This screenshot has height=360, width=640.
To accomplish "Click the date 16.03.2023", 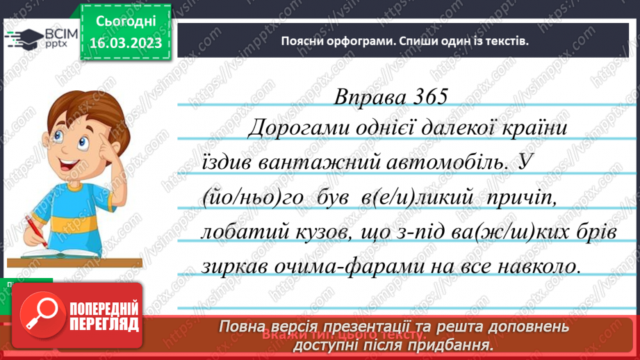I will [x=126, y=44].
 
